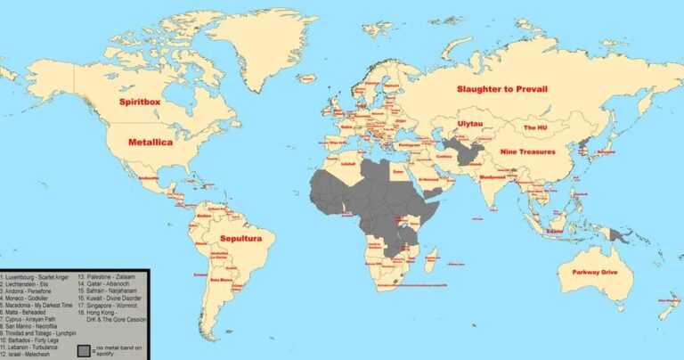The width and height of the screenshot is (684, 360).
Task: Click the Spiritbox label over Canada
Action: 146,103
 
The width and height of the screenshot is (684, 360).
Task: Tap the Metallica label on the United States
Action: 151,142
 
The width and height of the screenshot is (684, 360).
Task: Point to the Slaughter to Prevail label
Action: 501,89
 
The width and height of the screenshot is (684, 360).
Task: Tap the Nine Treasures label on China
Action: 527,151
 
